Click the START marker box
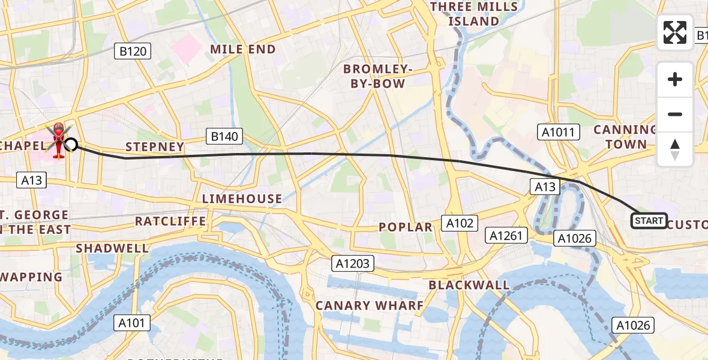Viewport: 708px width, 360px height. tap(649, 221)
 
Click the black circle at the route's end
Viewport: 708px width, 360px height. tap(71, 144)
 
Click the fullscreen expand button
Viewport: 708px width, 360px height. tap(675, 32)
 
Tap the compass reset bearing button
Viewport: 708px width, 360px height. tap(675, 149)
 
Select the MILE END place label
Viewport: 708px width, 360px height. tap(242, 49)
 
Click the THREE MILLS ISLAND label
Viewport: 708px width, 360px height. tap(473, 14)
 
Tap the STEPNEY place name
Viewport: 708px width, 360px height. tap(154, 147)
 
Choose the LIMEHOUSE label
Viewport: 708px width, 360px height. tap(242, 199)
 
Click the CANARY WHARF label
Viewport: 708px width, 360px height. tap(369, 305)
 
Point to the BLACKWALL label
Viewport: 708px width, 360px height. tap(469, 285)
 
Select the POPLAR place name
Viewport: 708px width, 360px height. tap(406, 227)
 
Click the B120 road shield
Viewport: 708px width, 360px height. tap(133, 52)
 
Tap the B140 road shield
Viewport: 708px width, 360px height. tap(224, 137)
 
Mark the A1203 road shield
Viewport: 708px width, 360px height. tap(354, 263)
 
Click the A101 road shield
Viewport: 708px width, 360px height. tap(131, 323)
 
